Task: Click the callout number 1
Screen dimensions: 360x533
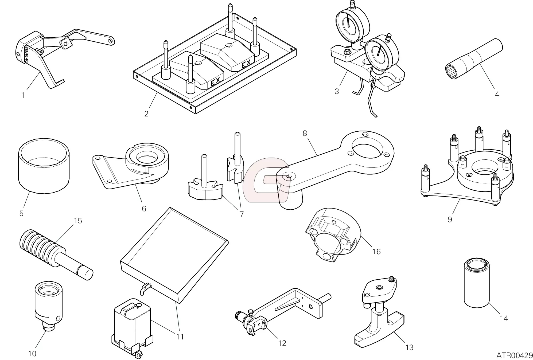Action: point(23,95)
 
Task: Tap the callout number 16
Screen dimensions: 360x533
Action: point(376,252)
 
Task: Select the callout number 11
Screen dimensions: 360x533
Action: point(180,337)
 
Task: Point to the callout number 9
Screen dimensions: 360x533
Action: point(450,220)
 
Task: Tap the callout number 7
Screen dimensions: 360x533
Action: point(242,214)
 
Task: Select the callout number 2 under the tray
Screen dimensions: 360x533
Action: point(146,114)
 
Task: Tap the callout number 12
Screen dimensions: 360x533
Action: point(282,343)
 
